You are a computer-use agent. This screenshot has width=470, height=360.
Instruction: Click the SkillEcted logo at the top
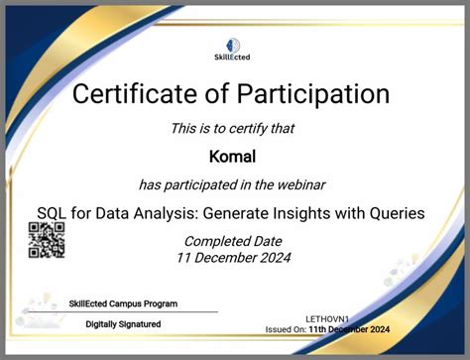[x=235, y=50]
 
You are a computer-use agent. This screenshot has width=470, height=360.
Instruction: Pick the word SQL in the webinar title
[x=54, y=213]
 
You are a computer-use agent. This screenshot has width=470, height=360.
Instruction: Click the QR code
[x=46, y=241]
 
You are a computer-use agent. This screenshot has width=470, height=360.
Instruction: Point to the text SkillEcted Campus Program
[x=122, y=303]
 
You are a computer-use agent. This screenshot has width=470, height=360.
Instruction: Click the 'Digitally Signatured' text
[x=123, y=324]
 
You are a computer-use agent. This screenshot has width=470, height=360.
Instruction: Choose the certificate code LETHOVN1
[x=328, y=317]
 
